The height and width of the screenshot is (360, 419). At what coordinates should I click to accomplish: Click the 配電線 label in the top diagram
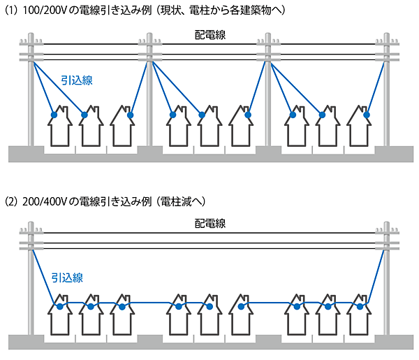tap(209, 36)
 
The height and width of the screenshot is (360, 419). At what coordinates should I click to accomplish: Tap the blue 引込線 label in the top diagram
tap(78, 80)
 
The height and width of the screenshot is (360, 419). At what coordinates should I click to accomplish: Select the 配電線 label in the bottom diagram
tap(209, 224)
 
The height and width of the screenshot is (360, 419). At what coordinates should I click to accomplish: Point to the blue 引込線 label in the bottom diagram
tap(67, 278)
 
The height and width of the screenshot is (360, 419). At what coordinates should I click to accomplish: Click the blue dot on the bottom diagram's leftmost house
tap(61, 306)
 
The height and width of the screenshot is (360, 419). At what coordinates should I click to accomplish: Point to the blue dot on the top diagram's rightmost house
tap(366, 115)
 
